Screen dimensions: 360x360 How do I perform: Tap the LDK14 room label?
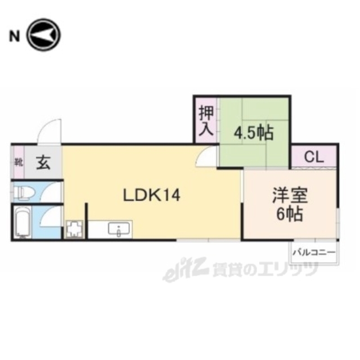coord(151,196)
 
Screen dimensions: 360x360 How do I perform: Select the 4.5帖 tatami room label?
coord(253,133)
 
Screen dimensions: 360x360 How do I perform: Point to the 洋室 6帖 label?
coord(290,206)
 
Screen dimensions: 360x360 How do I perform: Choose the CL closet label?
coord(314,156)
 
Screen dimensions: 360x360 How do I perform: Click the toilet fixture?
coord(24,192)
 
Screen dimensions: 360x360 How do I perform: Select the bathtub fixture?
coord(23,222)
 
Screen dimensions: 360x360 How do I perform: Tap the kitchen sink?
coord(119,230)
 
